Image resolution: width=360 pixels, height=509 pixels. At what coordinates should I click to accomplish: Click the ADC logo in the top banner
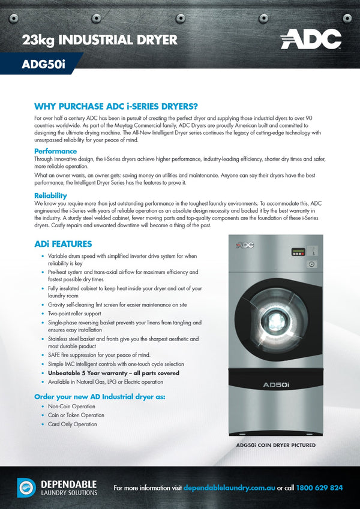click(x=311, y=39)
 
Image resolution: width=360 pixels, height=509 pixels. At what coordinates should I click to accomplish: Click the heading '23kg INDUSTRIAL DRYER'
click(x=100, y=40)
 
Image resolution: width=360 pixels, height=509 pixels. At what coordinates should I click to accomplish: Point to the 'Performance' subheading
click(x=55, y=151)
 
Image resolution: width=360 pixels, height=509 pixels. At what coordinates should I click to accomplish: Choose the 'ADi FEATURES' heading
click(x=63, y=244)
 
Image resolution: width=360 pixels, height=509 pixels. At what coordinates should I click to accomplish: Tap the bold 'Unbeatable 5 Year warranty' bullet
click(x=113, y=373)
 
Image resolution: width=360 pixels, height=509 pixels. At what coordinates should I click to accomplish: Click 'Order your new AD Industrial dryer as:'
click(x=100, y=396)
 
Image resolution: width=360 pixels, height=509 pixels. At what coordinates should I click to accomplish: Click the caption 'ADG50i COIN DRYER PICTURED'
click(x=276, y=445)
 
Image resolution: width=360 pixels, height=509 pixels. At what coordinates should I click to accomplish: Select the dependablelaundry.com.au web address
click(x=229, y=488)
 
